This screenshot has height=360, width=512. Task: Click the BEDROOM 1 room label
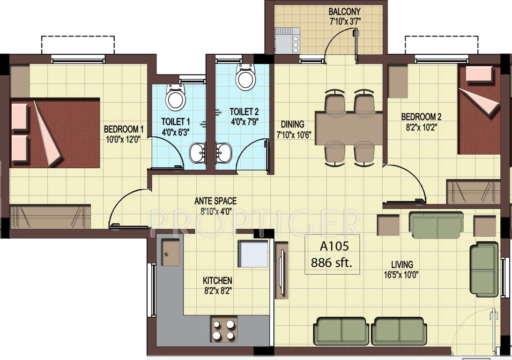[x=124, y=129]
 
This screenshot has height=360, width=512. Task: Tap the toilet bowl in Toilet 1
[x=176, y=97]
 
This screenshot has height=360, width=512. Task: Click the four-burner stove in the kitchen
[x=223, y=330]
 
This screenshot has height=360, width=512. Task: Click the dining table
[x=349, y=126]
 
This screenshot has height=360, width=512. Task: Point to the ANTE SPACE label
[x=215, y=201]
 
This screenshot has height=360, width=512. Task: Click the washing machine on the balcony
[x=286, y=41]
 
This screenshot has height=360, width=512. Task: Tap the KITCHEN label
[x=217, y=280]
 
